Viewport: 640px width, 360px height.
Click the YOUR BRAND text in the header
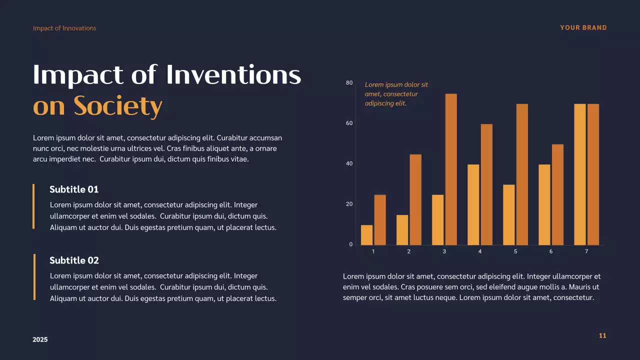tap(583, 28)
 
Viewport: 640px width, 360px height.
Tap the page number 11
tap(602, 335)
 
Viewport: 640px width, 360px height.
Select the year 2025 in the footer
tap(40, 339)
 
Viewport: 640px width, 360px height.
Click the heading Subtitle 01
tap(74, 189)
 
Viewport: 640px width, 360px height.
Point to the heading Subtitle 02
tap(74, 260)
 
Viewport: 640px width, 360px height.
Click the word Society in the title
tap(118, 105)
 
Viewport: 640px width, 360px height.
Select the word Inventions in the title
tap(233, 75)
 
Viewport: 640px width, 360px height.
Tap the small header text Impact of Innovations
tap(64, 28)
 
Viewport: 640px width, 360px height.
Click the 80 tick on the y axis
tap(349, 83)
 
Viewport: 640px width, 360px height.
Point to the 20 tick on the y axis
tap(349, 204)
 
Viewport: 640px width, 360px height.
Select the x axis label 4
tap(479, 251)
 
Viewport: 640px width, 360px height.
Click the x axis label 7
tap(586, 251)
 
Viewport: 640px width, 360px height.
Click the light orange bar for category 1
tap(366, 235)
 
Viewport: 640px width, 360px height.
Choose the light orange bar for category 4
tap(473, 204)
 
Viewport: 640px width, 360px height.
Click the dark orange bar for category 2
tap(415, 199)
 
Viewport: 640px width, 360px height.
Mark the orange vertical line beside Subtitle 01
tap(33, 206)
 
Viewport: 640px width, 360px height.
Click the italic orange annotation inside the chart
tap(396, 94)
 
